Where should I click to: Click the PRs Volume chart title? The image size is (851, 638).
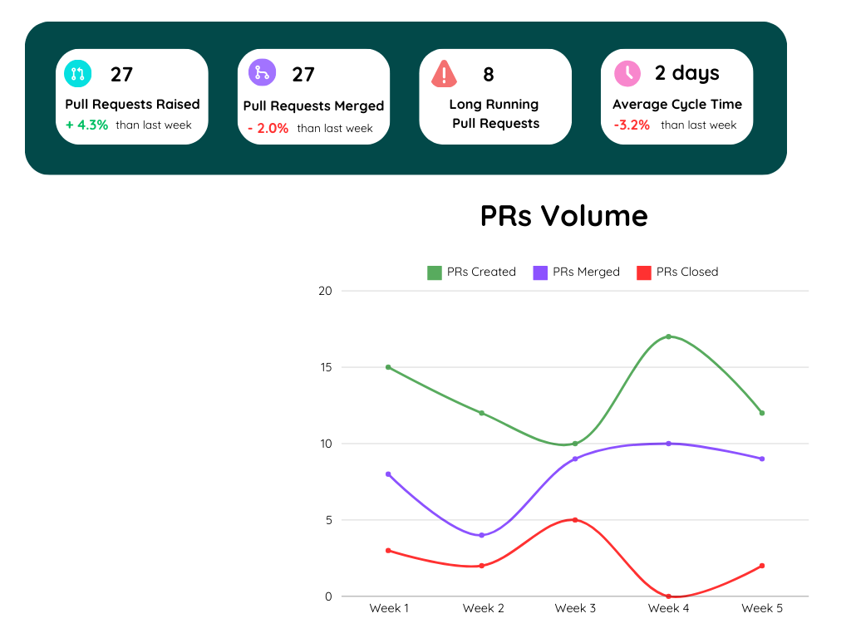point(563,216)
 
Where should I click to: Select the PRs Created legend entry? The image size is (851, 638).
point(471,272)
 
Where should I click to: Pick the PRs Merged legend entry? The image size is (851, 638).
point(577,272)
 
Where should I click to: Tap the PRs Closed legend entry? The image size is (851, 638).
point(677,272)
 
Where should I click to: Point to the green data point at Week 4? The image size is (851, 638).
point(668,336)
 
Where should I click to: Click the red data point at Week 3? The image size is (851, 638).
point(575,520)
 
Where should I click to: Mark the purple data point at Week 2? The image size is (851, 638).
point(482,535)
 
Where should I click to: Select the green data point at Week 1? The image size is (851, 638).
point(388,367)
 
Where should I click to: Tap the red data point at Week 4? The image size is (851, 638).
point(668,596)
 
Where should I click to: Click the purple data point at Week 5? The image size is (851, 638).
point(762,459)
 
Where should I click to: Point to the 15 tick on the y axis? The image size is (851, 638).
point(325,367)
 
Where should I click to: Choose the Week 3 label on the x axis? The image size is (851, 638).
point(575,609)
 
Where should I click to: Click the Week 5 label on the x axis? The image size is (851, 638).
point(762,609)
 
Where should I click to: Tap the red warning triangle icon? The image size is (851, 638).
point(445,74)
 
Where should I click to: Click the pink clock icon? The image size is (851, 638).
point(627,73)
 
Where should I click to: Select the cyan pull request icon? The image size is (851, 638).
point(78,73)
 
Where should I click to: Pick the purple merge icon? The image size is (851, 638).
point(262,72)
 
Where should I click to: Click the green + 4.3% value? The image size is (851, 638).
point(86,125)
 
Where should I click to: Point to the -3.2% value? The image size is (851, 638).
point(632,125)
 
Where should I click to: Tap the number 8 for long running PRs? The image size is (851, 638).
point(489,75)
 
